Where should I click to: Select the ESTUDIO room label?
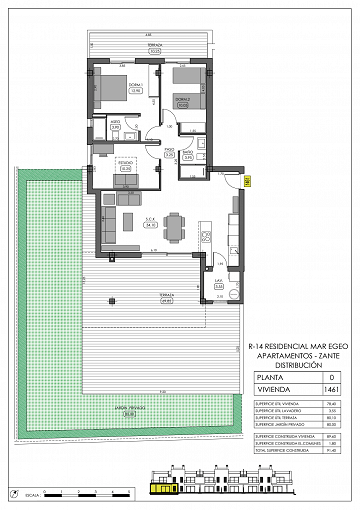126,167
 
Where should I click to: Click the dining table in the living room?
175,225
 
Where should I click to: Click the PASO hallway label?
170,154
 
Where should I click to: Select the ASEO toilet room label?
116,125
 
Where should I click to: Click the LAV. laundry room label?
219,284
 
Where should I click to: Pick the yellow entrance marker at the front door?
246,180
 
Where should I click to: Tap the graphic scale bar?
90,492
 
